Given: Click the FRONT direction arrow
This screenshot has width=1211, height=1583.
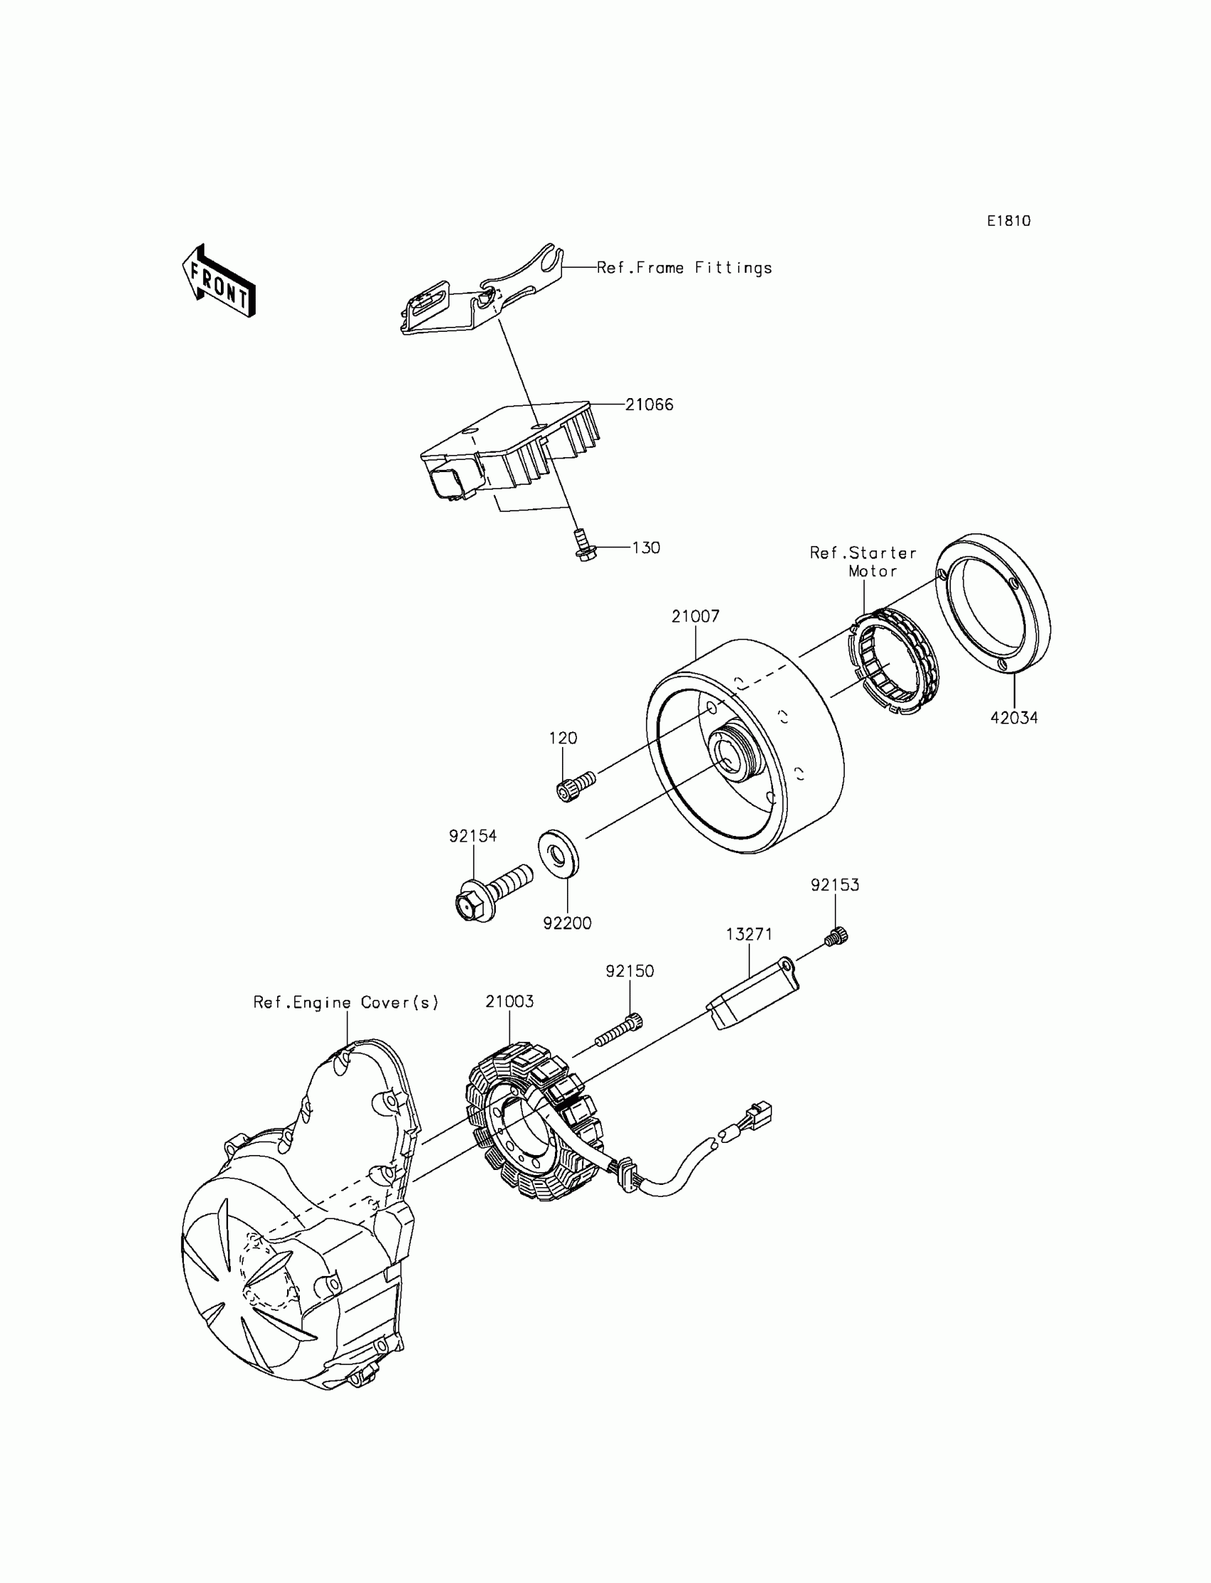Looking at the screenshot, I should pos(219,282).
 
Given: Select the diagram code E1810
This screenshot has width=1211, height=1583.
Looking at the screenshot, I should pos(1009,221).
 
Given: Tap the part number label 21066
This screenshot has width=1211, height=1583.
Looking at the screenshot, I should pos(649,405).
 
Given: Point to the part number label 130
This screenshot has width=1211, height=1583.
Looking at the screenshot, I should pos(646,548).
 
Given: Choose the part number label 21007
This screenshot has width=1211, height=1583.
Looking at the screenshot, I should pos(695,617).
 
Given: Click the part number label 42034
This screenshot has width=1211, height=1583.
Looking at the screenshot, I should pos(1014,718).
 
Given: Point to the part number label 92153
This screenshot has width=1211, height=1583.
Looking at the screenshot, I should pos(835,885).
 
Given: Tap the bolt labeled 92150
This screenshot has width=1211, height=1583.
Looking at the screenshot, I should pos(618,1030).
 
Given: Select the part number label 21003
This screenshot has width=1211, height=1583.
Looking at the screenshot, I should pos(509,1001).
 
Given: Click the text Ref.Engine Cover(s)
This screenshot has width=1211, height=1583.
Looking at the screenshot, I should pos(346,1002).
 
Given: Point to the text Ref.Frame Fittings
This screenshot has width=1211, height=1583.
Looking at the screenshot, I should pos(684,268).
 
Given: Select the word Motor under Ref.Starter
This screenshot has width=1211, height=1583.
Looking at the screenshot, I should pos(872,571).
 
